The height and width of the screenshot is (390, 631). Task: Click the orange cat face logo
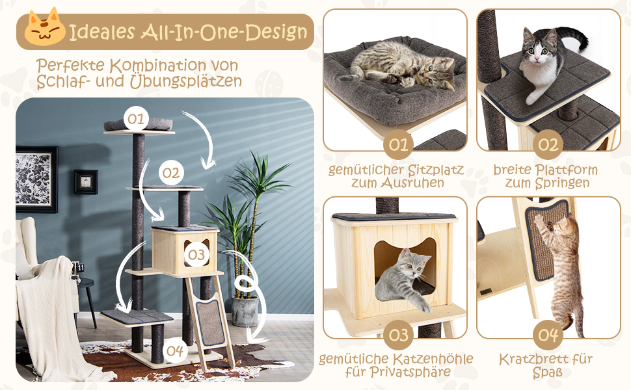(x=45, y=27)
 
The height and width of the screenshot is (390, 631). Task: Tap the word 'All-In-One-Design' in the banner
(x=224, y=32)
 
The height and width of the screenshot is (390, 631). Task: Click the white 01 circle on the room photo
(x=136, y=118)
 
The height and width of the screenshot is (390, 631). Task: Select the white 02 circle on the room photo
(x=171, y=173)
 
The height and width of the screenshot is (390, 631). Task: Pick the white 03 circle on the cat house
(x=197, y=254)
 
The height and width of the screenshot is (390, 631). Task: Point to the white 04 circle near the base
(x=175, y=350)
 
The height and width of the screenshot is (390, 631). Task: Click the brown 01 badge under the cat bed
(x=398, y=144)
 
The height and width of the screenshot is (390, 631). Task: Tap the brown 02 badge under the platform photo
(x=548, y=144)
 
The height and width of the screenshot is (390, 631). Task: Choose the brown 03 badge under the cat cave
(x=398, y=335)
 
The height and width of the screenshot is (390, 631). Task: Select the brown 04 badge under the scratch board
(x=548, y=335)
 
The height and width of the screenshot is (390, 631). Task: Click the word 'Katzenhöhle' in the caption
(x=433, y=359)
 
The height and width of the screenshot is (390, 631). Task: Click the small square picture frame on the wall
(x=86, y=182)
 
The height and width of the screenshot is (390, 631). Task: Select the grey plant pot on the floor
(x=245, y=311)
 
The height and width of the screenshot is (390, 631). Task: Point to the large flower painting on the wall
(x=36, y=179)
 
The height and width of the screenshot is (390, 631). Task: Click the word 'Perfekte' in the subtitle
(x=71, y=65)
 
